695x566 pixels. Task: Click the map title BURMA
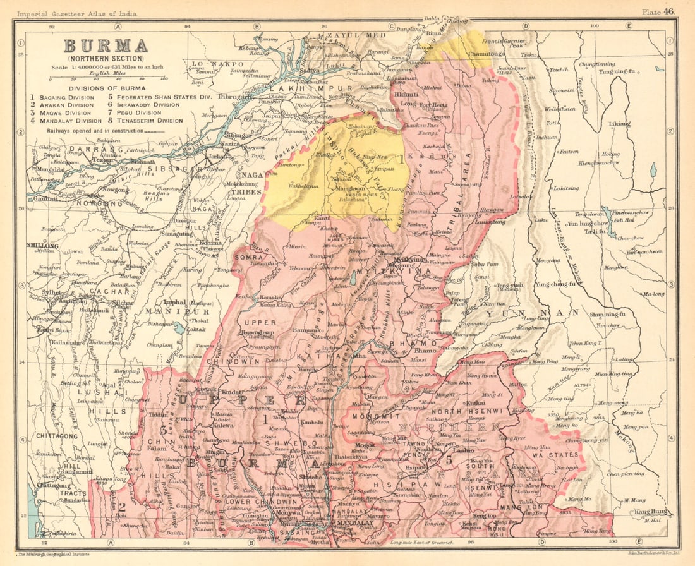pos(105,45)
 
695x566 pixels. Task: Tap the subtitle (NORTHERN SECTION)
pos(105,58)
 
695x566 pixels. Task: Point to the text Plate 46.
pos(659,11)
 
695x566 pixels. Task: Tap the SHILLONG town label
pos(43,246)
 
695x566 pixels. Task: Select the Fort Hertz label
pos(433,104)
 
